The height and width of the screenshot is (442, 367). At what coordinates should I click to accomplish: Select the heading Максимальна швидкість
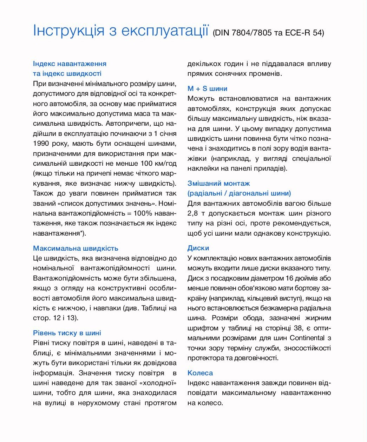click(x=76, y=248)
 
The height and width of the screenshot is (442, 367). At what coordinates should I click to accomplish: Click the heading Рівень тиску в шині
click(x=67, y=333)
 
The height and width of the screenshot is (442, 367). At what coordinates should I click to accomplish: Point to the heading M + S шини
click(x=207, y=88)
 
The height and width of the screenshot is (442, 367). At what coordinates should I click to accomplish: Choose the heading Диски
click(x=198, y=248)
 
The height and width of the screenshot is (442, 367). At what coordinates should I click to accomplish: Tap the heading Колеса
click(x=200, y=373)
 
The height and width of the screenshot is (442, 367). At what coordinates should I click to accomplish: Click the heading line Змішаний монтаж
click(x=218, y=183)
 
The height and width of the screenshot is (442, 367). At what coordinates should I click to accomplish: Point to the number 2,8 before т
click(x=193, y=213)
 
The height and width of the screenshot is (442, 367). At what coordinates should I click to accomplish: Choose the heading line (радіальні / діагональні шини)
click(x=239, y=193)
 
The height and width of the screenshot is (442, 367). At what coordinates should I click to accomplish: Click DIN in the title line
click(x=221, y=33)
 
